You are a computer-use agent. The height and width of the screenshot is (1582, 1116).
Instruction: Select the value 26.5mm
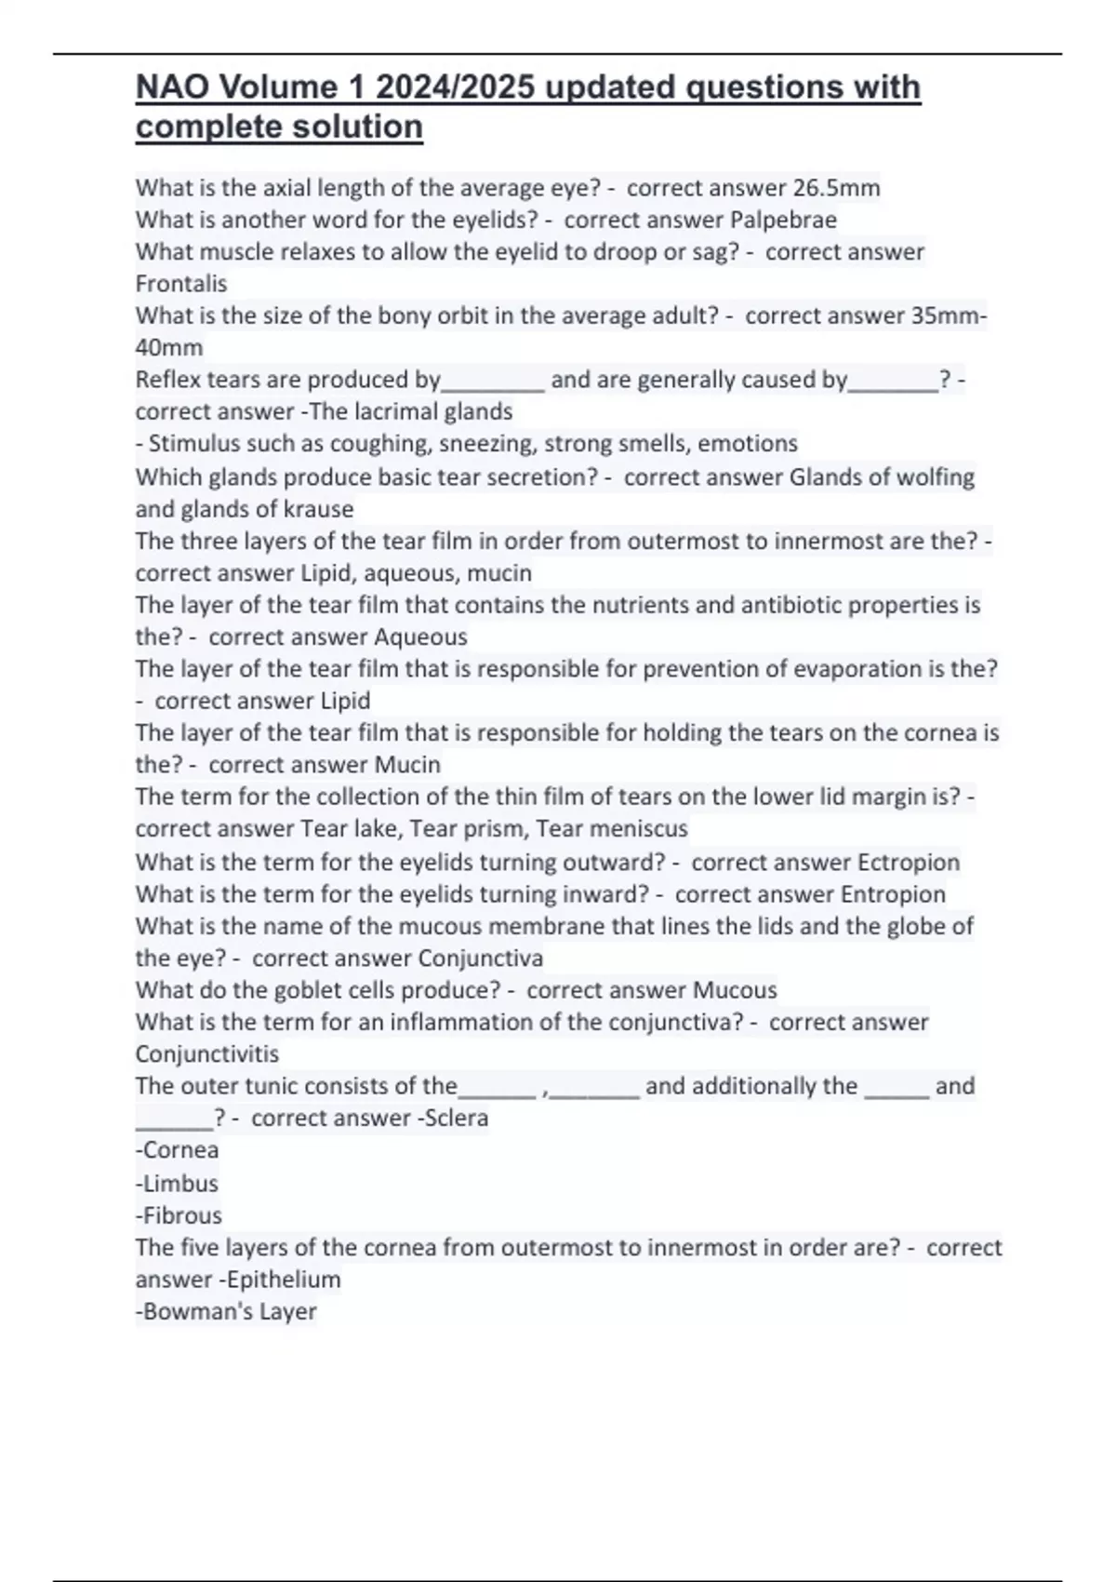coord(836,188)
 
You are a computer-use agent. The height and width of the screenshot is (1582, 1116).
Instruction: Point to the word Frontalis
coord(181,284)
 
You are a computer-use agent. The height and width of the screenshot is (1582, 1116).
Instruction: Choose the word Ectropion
coord(908,862)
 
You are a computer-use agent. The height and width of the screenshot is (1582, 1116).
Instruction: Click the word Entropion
coord(893,894)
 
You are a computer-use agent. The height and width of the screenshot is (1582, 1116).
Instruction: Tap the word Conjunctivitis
coord(207,1054)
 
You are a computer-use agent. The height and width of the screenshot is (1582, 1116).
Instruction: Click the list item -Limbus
coord(177,1184)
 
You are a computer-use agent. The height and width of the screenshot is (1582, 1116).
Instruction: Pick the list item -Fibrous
coord(179,1215)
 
